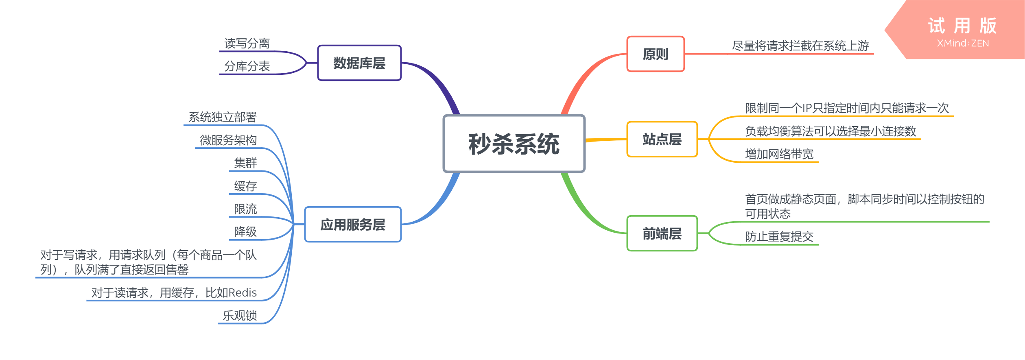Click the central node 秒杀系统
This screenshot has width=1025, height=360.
coord(514,144)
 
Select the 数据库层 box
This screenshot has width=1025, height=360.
coord(359,63)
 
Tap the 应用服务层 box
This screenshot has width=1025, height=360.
coord(353,225)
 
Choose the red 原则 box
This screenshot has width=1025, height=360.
coord(656,54)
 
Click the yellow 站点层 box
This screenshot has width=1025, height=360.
coord(662,139)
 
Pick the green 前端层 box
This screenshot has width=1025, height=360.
coord(662,233)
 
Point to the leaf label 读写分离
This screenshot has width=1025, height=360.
coord(247,44)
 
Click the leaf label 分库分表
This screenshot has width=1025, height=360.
coord(247,66)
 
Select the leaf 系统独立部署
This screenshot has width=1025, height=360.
coord(223,117)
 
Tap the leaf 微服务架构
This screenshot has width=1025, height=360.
coord(228,140)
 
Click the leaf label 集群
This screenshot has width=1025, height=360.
coord(245,163)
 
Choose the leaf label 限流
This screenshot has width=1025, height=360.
coord(245,209)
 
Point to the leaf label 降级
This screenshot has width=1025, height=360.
coord(245,232)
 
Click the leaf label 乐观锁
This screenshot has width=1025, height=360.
coord(240,316)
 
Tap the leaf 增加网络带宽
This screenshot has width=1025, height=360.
coord(779,154)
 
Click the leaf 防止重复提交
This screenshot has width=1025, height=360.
coord(779,237)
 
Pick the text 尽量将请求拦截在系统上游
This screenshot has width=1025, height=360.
coord(800,46)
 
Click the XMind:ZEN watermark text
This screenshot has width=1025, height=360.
coord(963,44)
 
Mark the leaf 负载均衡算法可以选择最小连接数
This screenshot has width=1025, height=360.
coord(830,131)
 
